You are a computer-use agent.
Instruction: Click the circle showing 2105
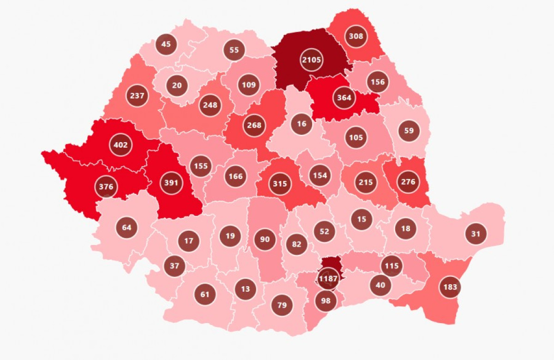pyautogui.click(x=312, y=60)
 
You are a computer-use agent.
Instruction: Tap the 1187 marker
pyautogui.click(x=328, y=278)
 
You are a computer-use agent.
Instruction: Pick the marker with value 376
pyautogui.click(x=106, y=186)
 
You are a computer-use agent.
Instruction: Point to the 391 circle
pyautogui.click(x=171, y=182)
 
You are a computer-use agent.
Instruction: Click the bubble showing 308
pyautogui.click(x=356, y=36)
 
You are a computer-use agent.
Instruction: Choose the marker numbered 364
pyautogui.click(x=344, y=97)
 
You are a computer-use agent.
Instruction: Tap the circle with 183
pyautogui.click(x=450, y=287)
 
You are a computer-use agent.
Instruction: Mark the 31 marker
pyautogui.click(x=476, y=234)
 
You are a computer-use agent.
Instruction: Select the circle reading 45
pyautogui.click(x=166, y=44)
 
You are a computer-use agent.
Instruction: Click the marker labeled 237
pyautogui.click(x=137, y=96)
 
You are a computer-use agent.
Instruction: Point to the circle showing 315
pyautogui.click(x=280, y=183)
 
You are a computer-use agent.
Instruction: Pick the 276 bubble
pyautogui.click(x=408, y=182)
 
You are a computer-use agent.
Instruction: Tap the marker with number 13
pyautogui.click(x=245, y=289)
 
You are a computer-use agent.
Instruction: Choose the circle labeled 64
pyautogui.click(x=126, y=227)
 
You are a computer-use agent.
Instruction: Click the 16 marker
pyautogui.click(x=301, y=124)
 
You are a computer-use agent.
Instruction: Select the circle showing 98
pyautogui.click(x=326, y=300)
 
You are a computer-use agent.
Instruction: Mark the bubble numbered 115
pyautogui.click(x=392, y=266)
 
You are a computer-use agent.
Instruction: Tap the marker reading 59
pyautogui.click(x=409, y=130)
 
